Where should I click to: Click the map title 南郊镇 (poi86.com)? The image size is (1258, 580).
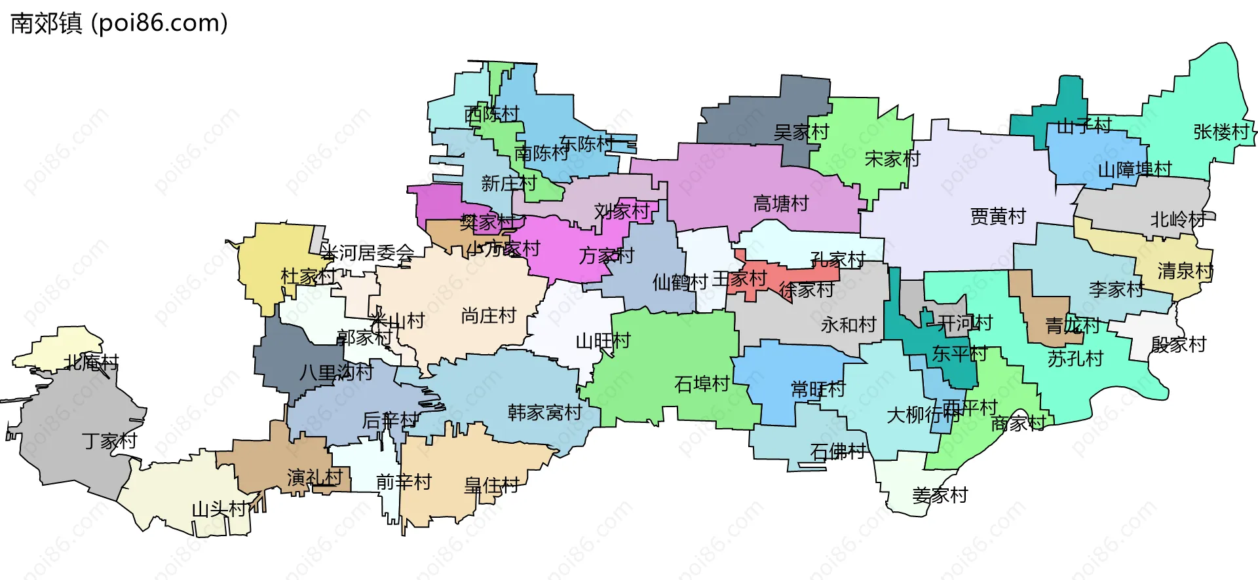tap(119, 24)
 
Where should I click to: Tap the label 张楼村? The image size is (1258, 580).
tap(1221, 132)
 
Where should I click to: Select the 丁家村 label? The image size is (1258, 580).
tap(109, 441)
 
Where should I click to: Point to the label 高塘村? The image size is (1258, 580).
tap(780, 204)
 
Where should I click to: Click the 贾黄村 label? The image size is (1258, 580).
tap(997, 217)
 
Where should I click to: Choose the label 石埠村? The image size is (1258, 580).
tap(702, 384)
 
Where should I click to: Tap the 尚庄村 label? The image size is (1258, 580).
tap(489, 316)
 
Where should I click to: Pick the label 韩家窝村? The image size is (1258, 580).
tap(544, 412)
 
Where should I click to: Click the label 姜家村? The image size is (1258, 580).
tap(940, 496)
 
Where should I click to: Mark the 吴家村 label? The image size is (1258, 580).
tap(801, 133)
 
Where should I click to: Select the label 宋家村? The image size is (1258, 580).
tap(892, 159)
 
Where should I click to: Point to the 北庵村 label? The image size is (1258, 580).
tap(91, 362)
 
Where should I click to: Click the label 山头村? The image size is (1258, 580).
tap(219, 509)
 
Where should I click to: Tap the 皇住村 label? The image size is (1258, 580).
tap(491, 486)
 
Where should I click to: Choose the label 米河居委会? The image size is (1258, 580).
tap(368, 253)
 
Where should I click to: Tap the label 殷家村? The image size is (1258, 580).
tap(1178, 345)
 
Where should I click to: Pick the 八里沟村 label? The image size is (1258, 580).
tap(336, 373)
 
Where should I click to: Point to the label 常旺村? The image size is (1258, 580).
tap(818, 390)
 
